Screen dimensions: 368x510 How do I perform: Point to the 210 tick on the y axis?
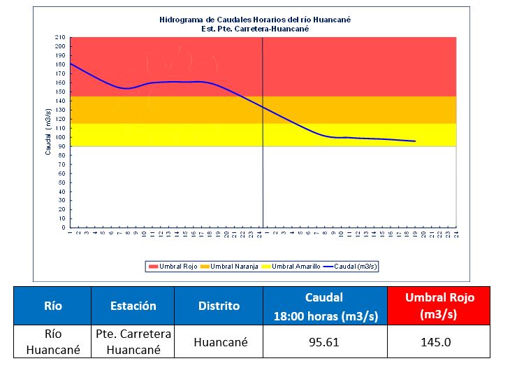(x=61, y=37)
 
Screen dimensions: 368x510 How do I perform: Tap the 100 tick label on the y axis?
(x=61, y=137)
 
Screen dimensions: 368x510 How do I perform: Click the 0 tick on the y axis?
(x=63, y=227)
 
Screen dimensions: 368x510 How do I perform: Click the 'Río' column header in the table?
(x=53, y=306)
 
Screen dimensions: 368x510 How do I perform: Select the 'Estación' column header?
(x=133, y=306)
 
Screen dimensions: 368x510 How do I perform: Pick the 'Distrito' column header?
(x=218, y=306)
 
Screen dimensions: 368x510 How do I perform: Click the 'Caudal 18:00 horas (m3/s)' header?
(x=323, y=306)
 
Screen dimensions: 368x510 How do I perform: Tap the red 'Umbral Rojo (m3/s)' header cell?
(x=439, y=306)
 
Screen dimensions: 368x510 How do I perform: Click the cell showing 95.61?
(x=323, y=343)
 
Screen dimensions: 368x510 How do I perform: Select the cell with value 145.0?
(x=439, y=343)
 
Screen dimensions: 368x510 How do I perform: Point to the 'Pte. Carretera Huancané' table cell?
(x=133, y=342)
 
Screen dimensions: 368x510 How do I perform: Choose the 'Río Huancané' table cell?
(x=53, y=342)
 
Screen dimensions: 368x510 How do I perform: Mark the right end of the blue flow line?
(x=416, y=141)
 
